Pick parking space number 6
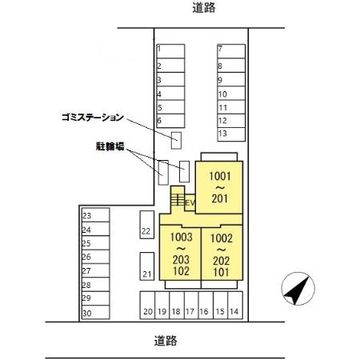tap(170, 120)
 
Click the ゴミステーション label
tap(93, 117)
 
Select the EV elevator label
tap(190, 203)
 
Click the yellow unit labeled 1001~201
tap(220, 186)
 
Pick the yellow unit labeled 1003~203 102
tap(180, 254)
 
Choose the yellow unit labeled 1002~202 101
tap(221, 254)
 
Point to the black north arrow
tap(296, 288)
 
